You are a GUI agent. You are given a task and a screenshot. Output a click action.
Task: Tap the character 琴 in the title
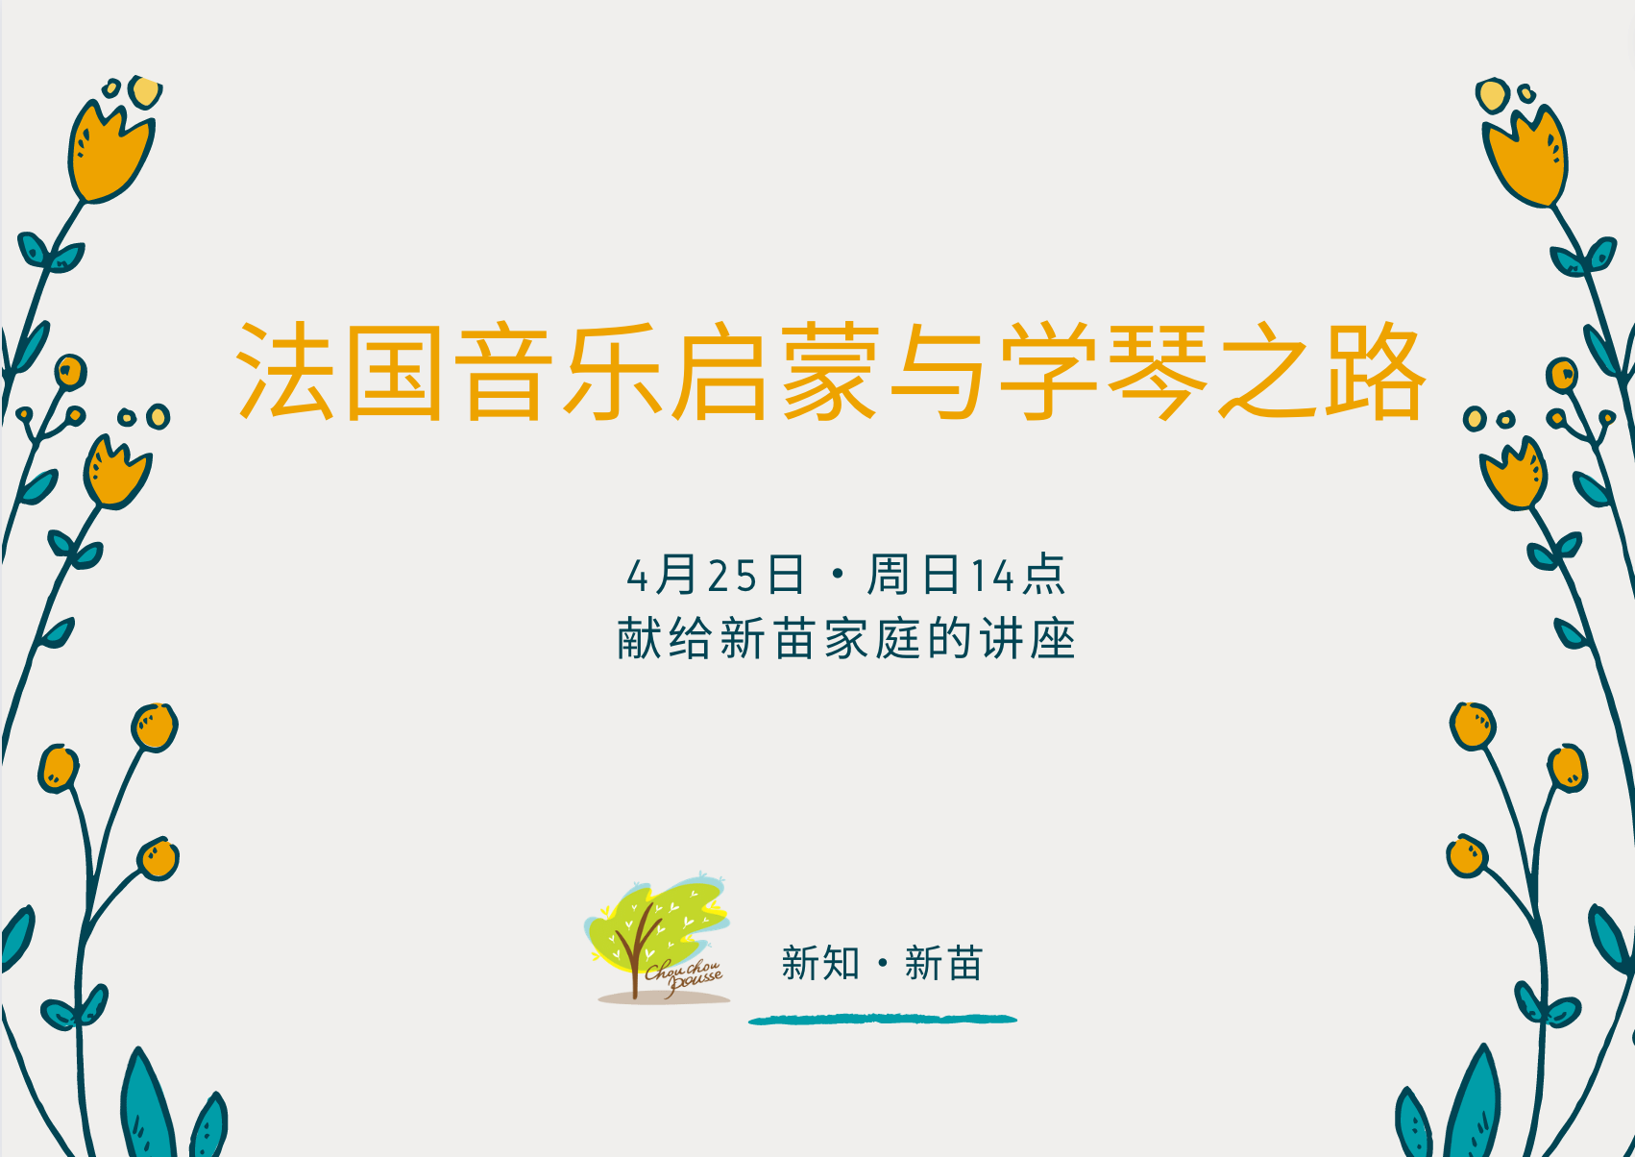click(1158, 371)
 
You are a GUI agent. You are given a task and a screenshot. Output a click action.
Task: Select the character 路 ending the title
click(1376, 371)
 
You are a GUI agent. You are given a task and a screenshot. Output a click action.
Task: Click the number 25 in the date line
click(732, 577)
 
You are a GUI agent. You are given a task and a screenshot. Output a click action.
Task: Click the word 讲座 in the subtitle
click(1027, 639)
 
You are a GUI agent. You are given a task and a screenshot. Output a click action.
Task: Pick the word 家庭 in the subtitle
click(872, 639)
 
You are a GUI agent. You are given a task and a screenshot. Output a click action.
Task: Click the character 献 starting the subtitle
click(639, 639)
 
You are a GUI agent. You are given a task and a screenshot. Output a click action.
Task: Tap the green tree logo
click(657, 937)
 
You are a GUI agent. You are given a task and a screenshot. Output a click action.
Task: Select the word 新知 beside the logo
click(819, 963)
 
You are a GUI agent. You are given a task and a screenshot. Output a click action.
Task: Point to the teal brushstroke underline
click(883, 1019)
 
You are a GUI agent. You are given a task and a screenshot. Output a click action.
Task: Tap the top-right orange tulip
click(1525, 157)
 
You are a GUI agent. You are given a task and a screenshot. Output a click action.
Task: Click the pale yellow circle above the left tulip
click(145, 92)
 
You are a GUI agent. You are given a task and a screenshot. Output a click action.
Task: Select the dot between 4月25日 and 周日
click(838, 575)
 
